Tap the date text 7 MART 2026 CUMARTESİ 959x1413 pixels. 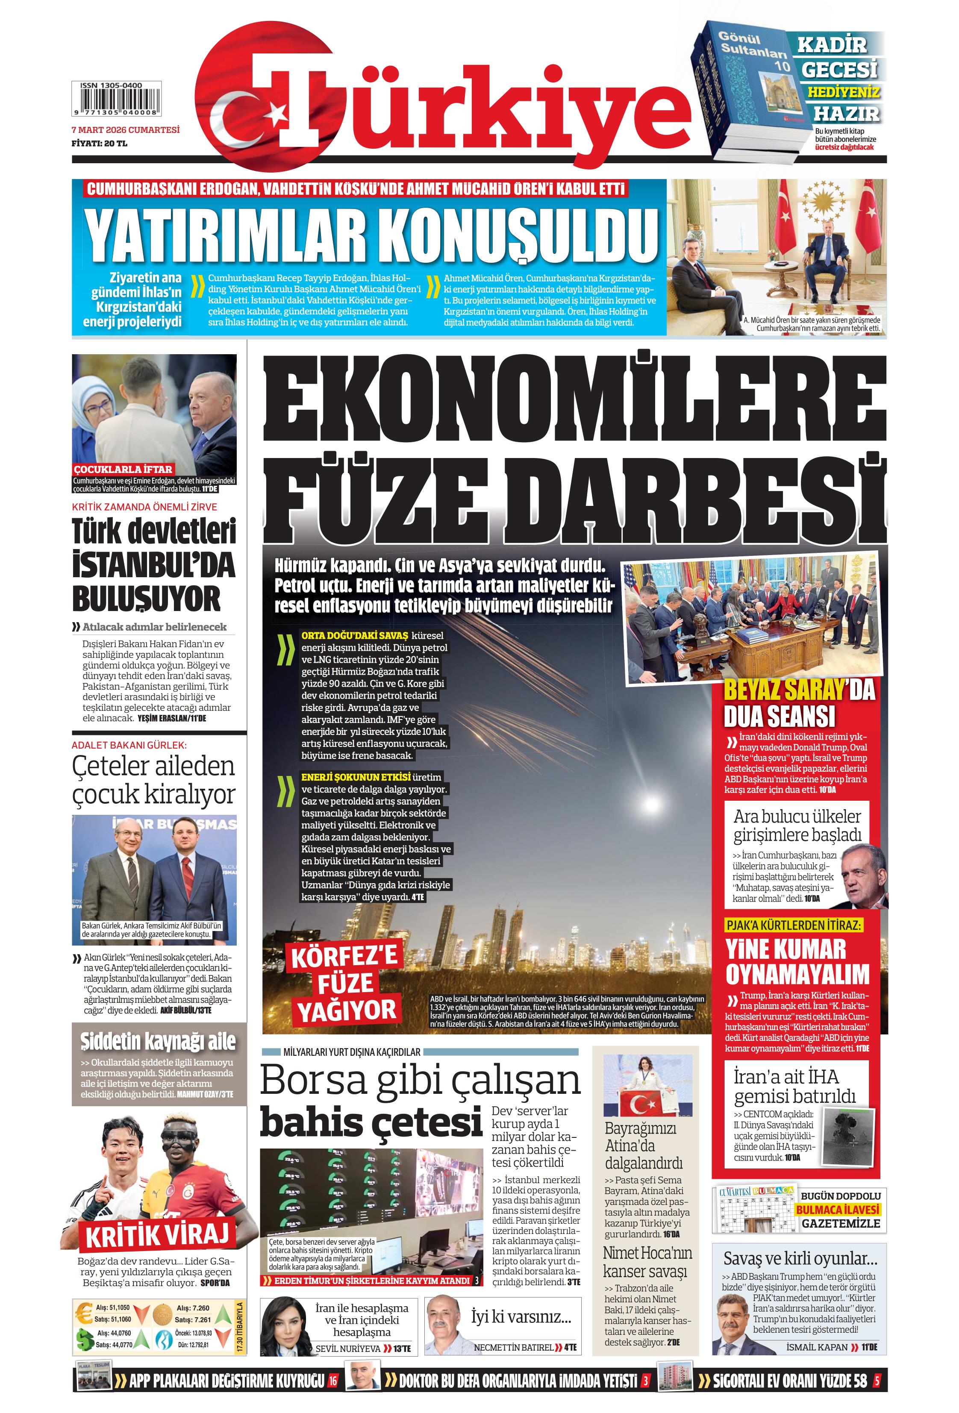tap(125, 129)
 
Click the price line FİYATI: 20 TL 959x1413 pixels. tap(99, 144)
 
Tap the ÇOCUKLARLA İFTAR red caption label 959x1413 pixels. tap(123, 470)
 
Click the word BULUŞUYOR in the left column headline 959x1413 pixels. tap(146, 599)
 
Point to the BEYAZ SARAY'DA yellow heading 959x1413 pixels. tap(798, 690)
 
